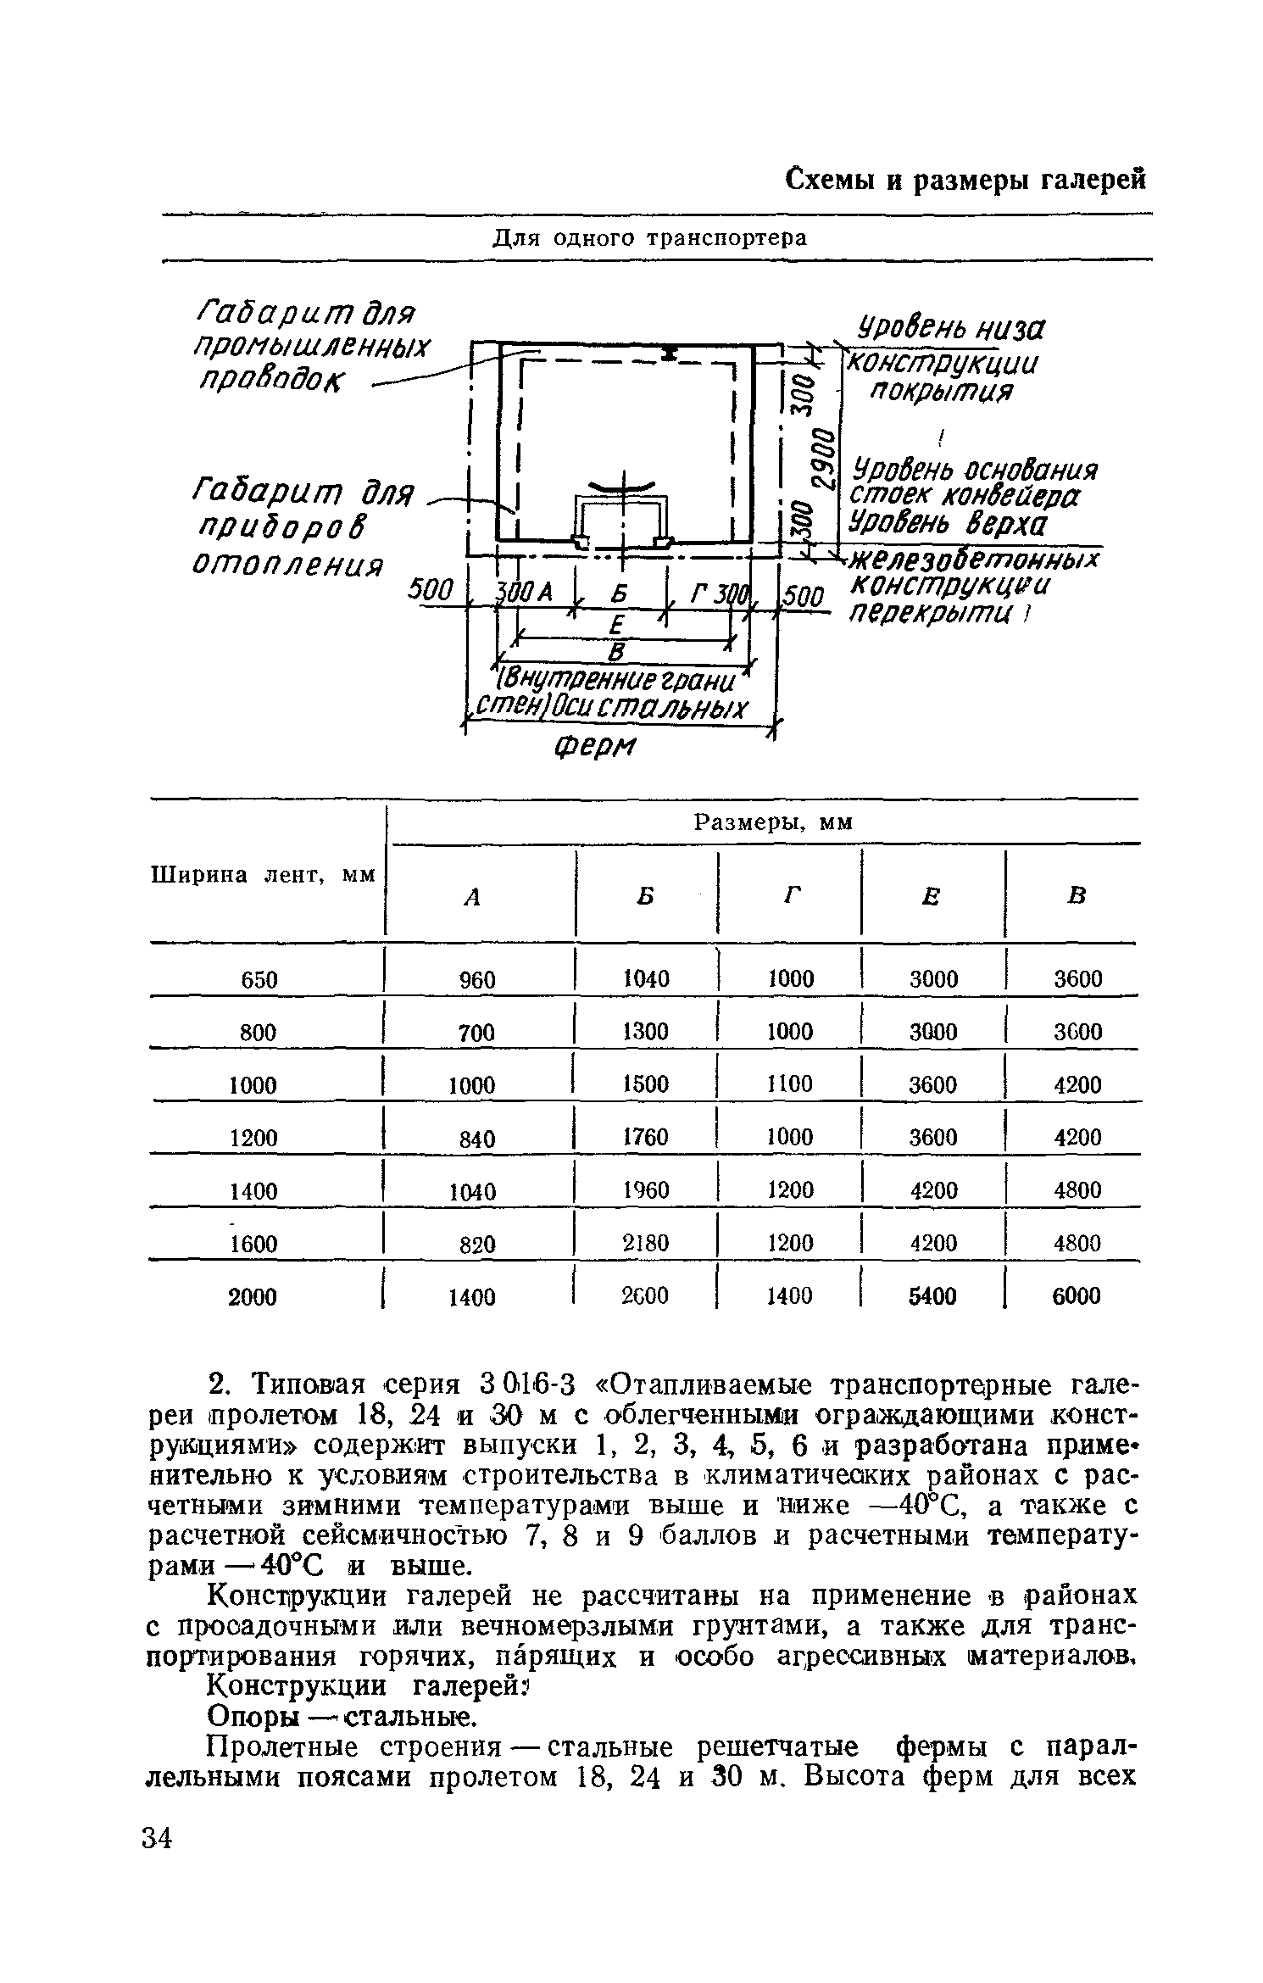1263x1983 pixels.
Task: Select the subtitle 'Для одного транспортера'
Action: click(650, 239)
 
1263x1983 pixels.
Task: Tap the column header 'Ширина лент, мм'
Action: click(263, 875)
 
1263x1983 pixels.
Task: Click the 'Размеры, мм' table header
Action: click(773, 822)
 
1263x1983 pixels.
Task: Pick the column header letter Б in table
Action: click(646, 895)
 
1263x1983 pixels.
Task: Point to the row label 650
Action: click(259, 980)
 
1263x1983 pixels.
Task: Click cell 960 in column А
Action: click(476, 980)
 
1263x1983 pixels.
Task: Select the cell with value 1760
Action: click(646, 1137)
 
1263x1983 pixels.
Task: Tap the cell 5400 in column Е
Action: click(932, 1295)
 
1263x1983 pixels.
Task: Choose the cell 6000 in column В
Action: click(1077, 1295)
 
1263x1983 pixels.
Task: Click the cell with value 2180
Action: click(646, 1243)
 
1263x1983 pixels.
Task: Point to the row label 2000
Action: click(253, 1297)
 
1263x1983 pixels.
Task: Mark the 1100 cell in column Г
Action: click(790, 1084)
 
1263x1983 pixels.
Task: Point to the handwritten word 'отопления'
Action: click(288, 563)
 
